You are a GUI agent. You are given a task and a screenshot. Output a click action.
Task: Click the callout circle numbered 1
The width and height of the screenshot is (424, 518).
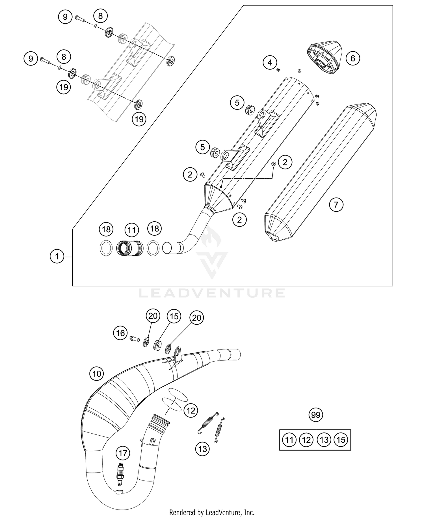(57, 256)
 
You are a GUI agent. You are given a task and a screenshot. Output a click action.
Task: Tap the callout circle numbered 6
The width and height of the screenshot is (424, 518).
(352, 58)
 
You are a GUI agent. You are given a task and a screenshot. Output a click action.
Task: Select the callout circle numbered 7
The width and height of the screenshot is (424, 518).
(336, 204)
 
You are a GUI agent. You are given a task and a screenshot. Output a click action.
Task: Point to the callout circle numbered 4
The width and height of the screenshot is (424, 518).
(270, 63)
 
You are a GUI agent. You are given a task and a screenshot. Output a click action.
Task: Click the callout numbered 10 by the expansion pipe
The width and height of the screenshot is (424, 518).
(97, 374)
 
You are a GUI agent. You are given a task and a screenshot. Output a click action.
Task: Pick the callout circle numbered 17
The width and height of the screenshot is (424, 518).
(123, 453)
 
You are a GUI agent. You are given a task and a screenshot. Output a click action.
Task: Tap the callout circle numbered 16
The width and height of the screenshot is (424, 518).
(120, 333)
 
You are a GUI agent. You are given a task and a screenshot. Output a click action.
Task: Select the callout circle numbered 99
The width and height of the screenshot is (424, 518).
(316, 415)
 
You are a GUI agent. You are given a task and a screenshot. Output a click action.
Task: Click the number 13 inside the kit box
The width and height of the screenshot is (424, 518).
(324, 440)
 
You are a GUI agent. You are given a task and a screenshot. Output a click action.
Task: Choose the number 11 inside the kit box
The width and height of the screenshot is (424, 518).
(289, 440)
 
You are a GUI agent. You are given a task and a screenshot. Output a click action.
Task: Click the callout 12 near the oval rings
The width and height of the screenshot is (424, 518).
(191, 410)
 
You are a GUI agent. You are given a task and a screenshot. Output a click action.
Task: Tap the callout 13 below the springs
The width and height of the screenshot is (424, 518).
(203, 449)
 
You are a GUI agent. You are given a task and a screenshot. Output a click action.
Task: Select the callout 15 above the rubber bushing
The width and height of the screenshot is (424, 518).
(174, 316)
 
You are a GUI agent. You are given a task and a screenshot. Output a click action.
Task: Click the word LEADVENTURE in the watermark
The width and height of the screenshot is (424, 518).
(212, 293)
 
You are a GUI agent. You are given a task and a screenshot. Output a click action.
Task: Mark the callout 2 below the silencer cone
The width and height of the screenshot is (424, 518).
(239, 220)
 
